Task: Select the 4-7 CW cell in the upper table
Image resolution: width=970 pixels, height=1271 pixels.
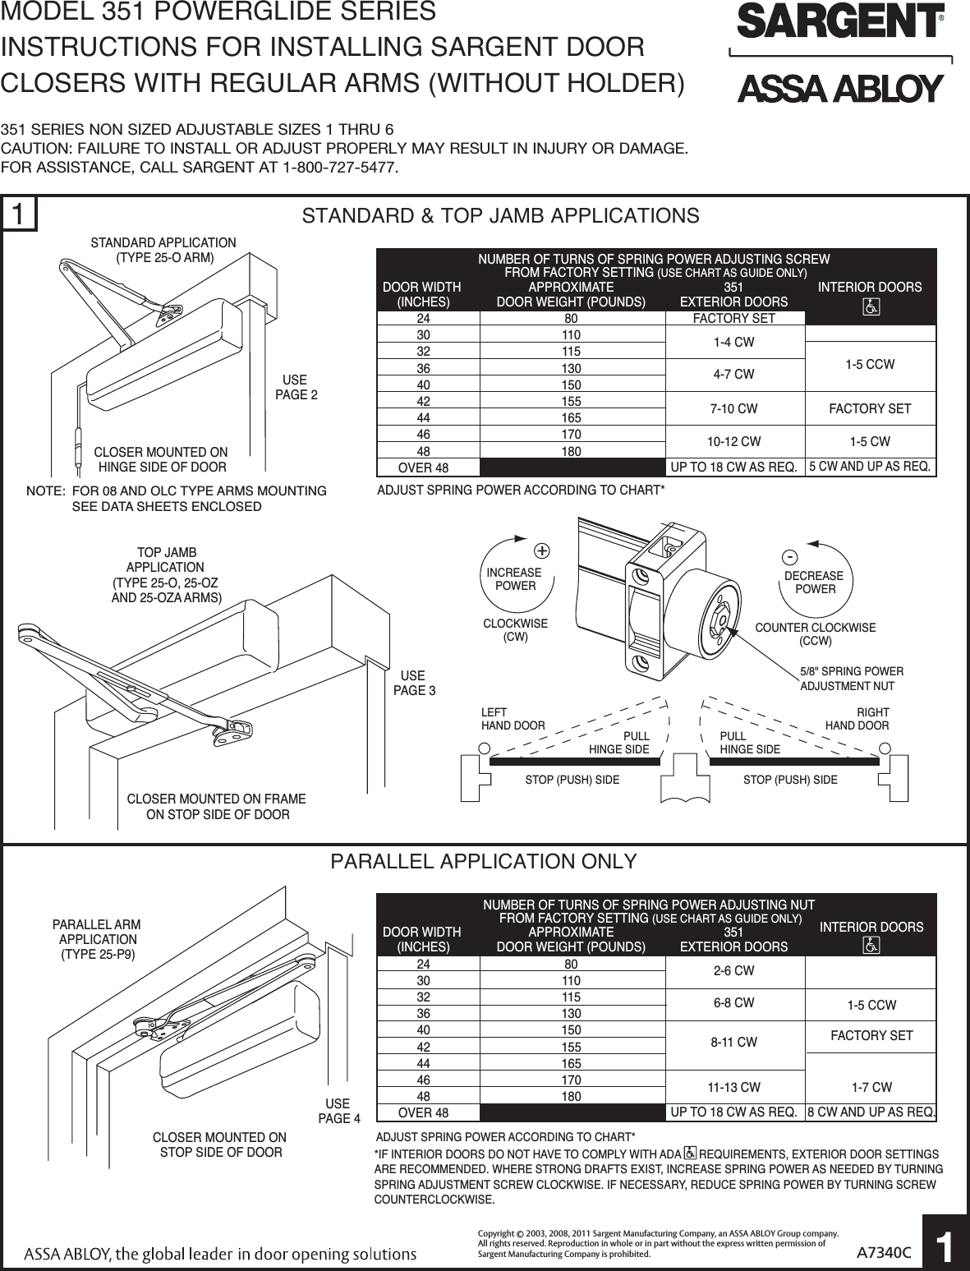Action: [734, 375]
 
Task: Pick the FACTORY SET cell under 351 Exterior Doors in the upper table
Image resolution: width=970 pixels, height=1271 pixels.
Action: [734, 318]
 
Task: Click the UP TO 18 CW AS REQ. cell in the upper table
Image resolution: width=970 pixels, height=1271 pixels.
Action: [734, 467]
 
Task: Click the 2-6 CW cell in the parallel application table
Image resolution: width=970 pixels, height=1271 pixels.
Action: [734, 971]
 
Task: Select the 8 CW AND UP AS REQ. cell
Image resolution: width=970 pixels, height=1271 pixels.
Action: [871, 1112]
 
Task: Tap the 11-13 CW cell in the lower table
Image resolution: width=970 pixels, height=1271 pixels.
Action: [734, 1087]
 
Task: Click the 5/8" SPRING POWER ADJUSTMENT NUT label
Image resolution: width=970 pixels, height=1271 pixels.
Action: [851, 679]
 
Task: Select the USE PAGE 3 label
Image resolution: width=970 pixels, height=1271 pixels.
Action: [415, 683]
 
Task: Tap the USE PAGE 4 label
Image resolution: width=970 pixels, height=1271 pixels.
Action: [338, 1111]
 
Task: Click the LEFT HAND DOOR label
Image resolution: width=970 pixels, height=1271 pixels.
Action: [513, 719]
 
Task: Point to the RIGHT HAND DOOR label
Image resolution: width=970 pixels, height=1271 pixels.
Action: [857, 719]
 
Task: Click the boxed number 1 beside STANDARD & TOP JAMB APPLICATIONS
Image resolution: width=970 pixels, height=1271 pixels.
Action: [20, 214]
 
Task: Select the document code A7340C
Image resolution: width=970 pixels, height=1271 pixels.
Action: [885, 1252]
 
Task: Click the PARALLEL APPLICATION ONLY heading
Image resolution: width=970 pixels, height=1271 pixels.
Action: [484, 861]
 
